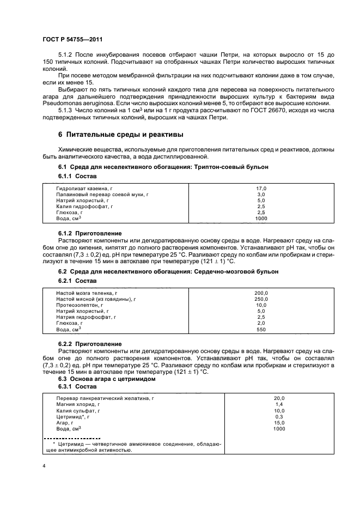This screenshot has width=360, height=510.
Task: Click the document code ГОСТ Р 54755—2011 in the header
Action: tap(72, 40)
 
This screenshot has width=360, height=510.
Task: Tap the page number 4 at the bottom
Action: tap(44, 465)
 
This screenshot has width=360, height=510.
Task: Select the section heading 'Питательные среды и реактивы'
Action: tap(120, 134)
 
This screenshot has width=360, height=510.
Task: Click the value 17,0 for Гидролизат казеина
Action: tap(261, 188)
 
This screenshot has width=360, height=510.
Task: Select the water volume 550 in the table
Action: tap(261, 329)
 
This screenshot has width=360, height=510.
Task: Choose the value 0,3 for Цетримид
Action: tap(279, 417)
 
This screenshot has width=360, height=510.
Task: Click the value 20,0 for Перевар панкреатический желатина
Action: tap(279, 398)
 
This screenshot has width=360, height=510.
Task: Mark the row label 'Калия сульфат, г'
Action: tap(78, 411)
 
